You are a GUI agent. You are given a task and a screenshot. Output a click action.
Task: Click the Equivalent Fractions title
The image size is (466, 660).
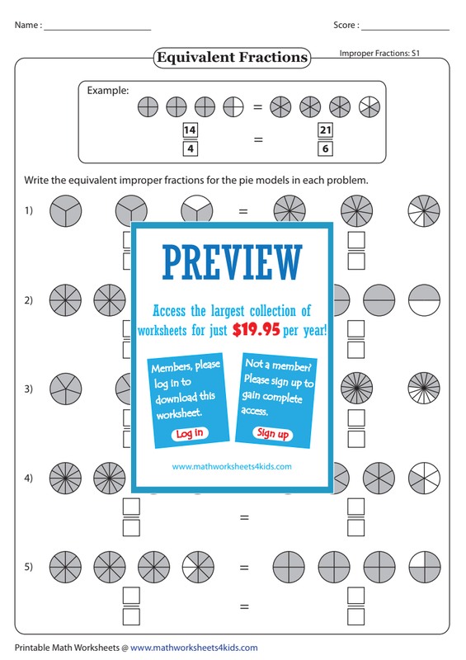coord(232,57)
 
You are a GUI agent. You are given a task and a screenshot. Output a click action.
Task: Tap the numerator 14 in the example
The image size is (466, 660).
coord(190,130)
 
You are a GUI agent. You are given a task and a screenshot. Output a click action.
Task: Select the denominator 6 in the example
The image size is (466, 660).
coord(325,148)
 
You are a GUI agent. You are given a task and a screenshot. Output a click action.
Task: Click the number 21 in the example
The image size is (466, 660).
coord(325,130)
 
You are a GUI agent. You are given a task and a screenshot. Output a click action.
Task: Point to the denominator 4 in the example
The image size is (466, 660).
coord(191,148)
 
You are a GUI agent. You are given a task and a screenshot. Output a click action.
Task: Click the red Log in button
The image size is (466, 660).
coord(190,434)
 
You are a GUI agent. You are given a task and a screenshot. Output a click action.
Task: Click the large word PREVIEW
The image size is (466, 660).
coord(232,262)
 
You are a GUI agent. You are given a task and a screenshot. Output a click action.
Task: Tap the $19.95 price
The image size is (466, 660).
coord(256,329)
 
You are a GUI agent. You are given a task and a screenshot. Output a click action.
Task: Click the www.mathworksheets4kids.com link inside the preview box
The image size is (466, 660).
coord(232,466)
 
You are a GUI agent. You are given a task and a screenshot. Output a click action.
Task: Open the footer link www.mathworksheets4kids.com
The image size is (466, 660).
coord(194,648)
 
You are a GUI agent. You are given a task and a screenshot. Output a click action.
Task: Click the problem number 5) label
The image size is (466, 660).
coord(28,567)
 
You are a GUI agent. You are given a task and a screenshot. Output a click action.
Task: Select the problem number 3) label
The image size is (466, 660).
coord(28,389)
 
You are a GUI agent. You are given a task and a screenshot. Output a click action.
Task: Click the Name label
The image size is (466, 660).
coord(28,26)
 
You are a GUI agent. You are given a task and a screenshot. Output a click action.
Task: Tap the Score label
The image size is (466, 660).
coord(346,26)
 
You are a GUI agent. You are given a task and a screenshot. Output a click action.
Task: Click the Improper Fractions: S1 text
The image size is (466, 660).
coord(379,54)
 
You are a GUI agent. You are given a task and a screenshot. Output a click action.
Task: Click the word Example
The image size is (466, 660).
coord(108,91)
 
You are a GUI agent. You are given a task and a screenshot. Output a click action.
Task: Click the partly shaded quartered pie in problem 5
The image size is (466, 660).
coord(424,568)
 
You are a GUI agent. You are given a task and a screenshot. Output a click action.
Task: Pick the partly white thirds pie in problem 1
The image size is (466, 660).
coord(196,210)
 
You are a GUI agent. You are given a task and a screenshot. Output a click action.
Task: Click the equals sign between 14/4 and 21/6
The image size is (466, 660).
coord(258,139)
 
